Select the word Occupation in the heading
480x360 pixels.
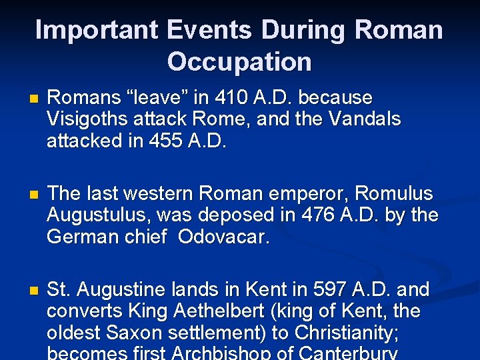coord(239,61)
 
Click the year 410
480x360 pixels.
coord(230,98)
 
